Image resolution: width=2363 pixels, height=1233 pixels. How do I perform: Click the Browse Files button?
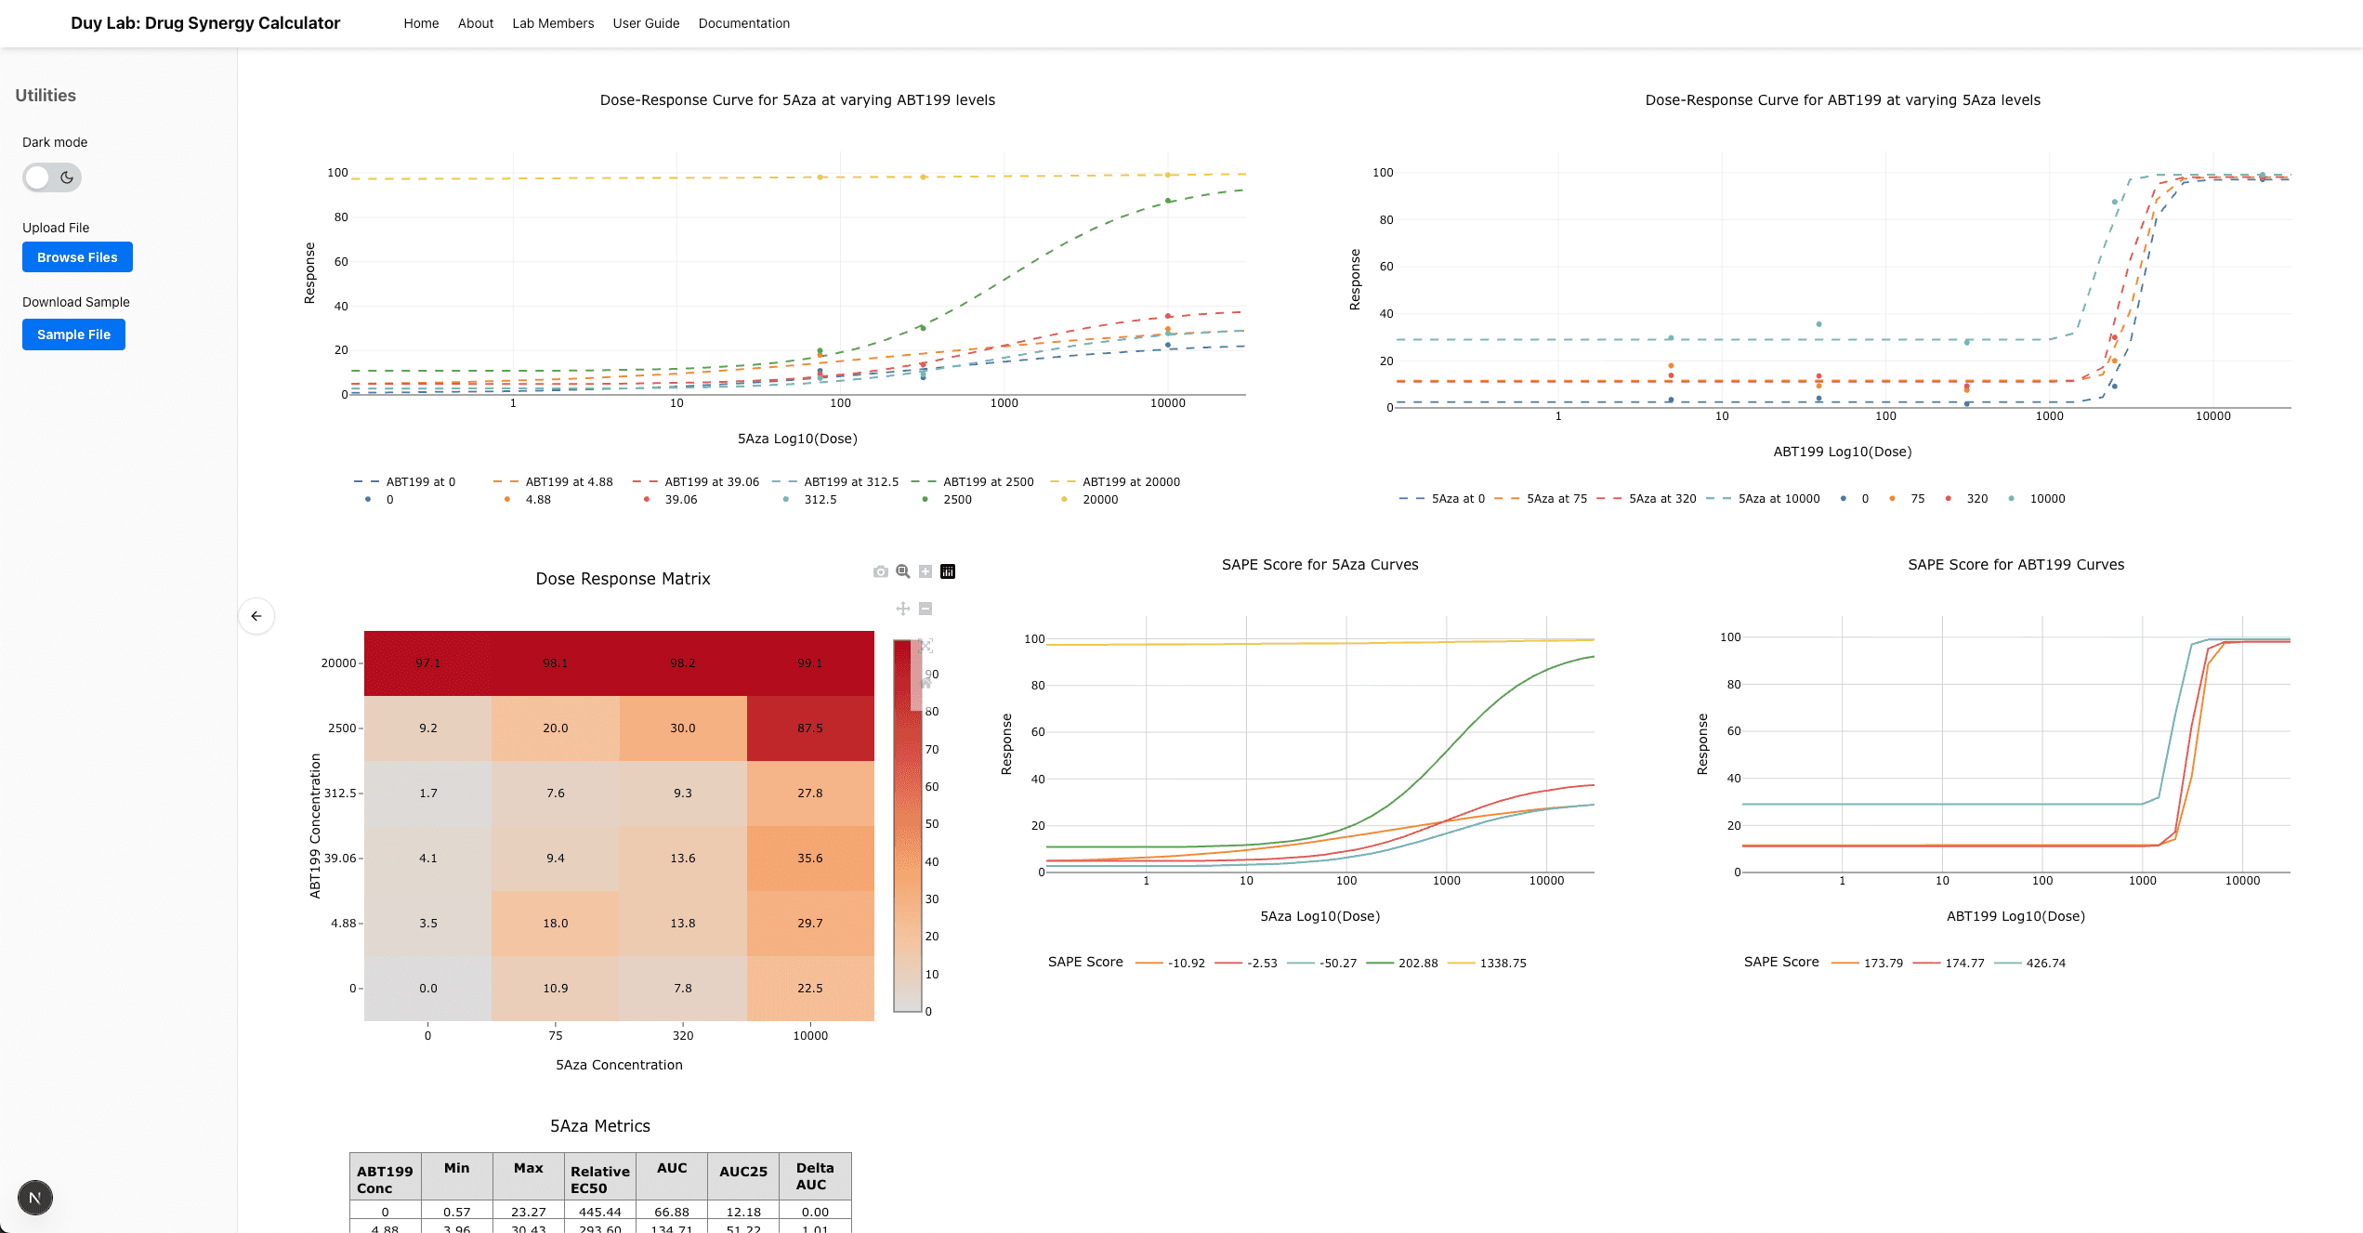pos(77,257)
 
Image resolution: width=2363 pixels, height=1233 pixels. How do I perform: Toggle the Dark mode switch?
pos(52,177)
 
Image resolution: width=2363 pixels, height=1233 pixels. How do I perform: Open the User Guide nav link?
pos(646,23)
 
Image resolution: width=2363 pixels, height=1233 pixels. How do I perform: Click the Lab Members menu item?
pos(553,23)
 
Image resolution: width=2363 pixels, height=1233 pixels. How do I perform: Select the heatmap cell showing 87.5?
pos(809,728)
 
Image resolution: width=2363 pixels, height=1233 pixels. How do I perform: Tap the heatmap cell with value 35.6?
pos(809,859)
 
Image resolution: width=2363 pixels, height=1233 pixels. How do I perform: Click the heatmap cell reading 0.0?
pos(427,989)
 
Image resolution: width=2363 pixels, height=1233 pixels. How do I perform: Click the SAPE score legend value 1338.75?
pos(1503,964)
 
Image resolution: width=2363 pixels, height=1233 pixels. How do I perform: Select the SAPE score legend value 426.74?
pos(2045,964)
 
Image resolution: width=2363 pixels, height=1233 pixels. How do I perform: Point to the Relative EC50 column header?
pos(599,1179)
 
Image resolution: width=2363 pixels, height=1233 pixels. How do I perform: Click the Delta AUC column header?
pos(814,1176)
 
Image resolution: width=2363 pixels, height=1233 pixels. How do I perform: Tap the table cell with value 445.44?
pos(599,1212)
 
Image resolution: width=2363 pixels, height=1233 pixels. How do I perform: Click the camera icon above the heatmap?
pos(880,571)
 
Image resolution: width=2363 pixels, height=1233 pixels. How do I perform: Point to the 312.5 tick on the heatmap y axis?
pos(340,794)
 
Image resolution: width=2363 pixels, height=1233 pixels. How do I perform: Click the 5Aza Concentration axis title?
pos(619,1065)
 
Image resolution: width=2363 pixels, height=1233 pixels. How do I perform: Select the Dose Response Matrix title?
pos(623,579)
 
